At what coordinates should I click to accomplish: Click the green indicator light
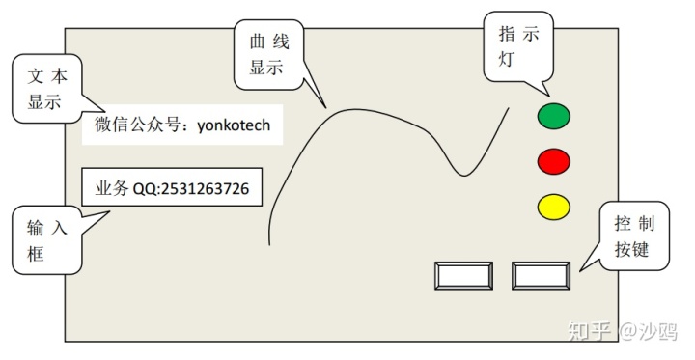553,117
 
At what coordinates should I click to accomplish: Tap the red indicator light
553,161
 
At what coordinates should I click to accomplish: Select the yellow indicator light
553,206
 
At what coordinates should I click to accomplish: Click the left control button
464,276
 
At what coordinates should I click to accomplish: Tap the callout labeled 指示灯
518,45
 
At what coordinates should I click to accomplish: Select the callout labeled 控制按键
634,237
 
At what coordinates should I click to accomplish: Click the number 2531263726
205,189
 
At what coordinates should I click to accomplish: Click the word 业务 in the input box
111,189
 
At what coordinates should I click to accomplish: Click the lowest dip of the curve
465,175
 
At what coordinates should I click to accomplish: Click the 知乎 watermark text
591,331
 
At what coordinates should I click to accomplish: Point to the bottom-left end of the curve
266,244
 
